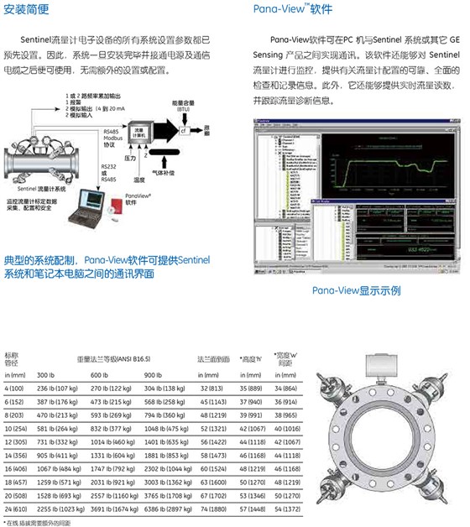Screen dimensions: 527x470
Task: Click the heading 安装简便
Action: [x=29, y=11]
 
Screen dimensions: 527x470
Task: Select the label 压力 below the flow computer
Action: [x=131, y=157]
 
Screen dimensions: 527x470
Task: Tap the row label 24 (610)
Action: [x=16, y=509]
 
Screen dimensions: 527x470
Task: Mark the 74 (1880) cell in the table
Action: [x=213, y=509]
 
